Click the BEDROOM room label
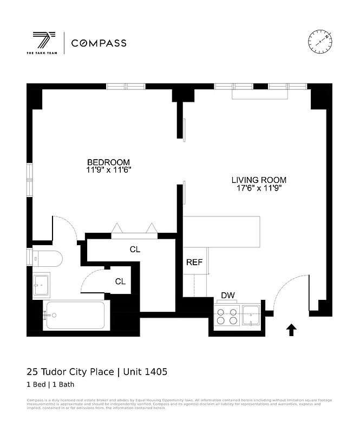(x=109, y=162)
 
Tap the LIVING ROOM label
(x=259, y=180)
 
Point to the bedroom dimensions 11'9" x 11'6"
(x=109, y=170)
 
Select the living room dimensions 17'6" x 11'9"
(x=259, y=188)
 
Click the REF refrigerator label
(x=194, y=262)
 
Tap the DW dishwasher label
(x=227, y=296)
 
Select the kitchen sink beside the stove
(x=251, y=314)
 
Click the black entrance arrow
(x=291, y=330)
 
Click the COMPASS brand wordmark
(x=99, y=43)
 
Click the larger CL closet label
(x=135, y=250)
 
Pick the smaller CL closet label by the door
(x=120, y=281)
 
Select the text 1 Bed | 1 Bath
(x=50, y=385)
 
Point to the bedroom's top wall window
(x=126, y=86)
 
